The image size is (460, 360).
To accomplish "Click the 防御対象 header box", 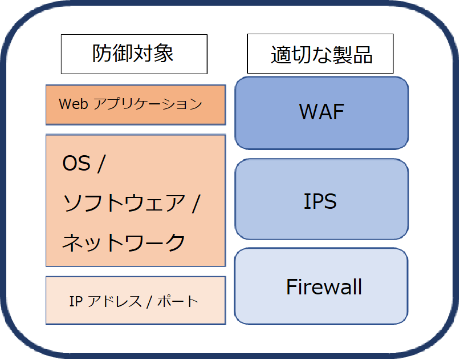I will pos(133,54).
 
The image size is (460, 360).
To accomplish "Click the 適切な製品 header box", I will pos(321,54).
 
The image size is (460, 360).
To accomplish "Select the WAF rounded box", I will pos(321,113).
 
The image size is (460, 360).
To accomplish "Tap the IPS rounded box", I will pos(321,200).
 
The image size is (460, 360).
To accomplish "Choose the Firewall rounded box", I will pos(321,286).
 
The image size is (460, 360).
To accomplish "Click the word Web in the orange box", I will pos(72,104).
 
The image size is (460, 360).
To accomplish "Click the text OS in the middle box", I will pos(76,164).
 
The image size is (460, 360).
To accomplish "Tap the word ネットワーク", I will pos(123,242).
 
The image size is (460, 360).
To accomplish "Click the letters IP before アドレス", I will pos(75,301).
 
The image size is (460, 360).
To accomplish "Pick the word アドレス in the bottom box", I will pos(114,301).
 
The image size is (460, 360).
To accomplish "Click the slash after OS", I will pos(101,164).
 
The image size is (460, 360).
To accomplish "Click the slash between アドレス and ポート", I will pos(149,301).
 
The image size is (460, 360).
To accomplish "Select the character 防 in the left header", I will pos(101,54).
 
